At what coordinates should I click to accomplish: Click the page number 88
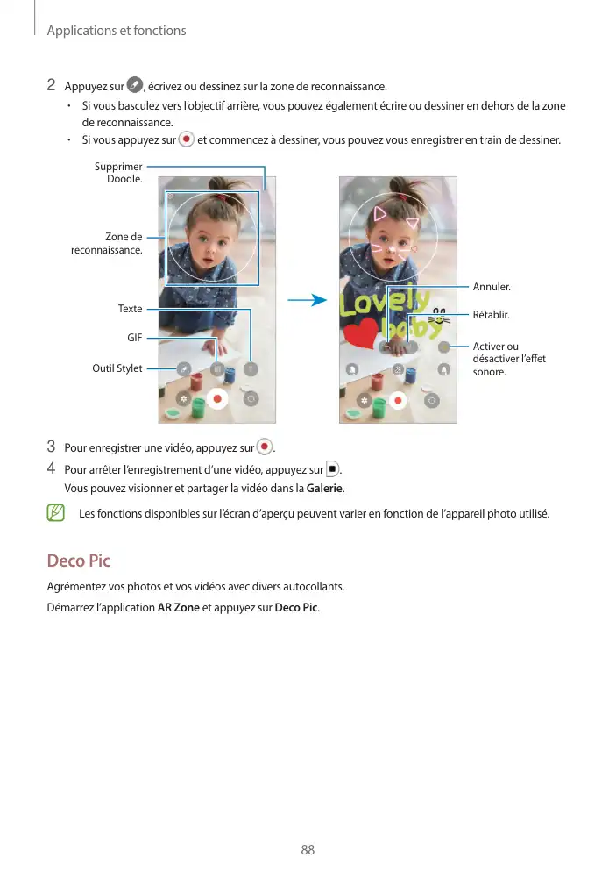click(308, 850)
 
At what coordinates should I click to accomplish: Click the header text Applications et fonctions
click(116, 31)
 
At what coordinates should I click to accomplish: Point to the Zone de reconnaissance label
click(106, 243)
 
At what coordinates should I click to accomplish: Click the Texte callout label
click(130, 309)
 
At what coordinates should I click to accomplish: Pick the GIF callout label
click(134, 337)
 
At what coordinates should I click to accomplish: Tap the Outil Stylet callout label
click(117, 368)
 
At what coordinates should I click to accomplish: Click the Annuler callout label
click(492, 287)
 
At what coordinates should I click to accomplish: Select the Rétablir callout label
click(491, 314)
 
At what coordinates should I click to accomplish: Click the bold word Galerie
click(324, 489)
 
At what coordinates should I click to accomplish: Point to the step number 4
click(52, 468)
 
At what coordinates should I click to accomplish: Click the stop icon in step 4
click(331, 468)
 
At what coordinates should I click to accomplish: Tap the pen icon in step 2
click(134, 85)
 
